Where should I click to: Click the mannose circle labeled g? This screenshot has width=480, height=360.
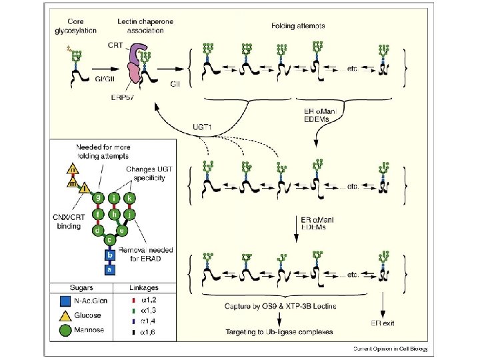(98, 198)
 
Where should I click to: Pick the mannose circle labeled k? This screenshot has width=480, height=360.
(131, 198)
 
